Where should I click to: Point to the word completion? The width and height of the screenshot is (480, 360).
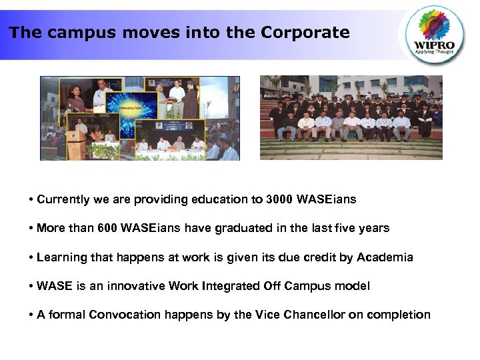pos(397,315)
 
